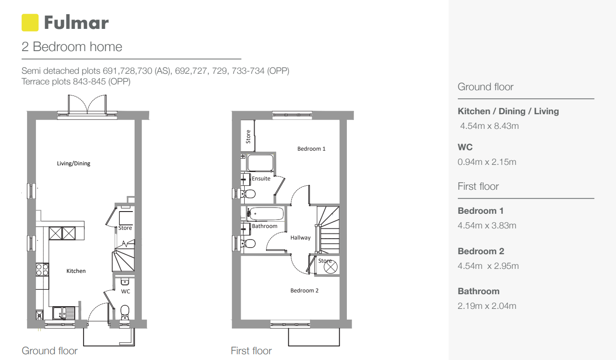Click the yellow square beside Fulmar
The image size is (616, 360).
pos(30,23)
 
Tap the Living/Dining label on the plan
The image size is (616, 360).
pos(73,164)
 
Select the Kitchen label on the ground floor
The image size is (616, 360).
pos(76,271)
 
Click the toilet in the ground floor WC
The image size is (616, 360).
pos(125,312)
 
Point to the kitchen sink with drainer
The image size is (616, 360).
pos(64,313)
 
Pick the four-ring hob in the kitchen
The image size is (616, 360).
pos(42,269)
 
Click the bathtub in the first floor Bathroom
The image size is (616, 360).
pos(266,214)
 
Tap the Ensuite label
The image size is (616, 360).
pos(261,179)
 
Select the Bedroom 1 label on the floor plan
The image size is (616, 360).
pos(311,149)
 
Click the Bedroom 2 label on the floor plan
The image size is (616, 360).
pos(304,291)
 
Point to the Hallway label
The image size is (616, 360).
pos(300,238)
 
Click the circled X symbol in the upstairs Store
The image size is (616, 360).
pos(330,267)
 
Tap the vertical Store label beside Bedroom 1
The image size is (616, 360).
pos(248,136)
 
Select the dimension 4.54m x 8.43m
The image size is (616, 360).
pos(489,126)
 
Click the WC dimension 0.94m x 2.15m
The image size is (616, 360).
pos(487,162)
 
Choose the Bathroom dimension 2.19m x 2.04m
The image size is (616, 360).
pos(487,306)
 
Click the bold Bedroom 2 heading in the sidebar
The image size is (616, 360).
pos(481,251)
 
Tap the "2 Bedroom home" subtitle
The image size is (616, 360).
pos(72,47)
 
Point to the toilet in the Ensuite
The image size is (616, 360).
pos(248,194)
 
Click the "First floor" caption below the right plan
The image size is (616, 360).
pos(251,351)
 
